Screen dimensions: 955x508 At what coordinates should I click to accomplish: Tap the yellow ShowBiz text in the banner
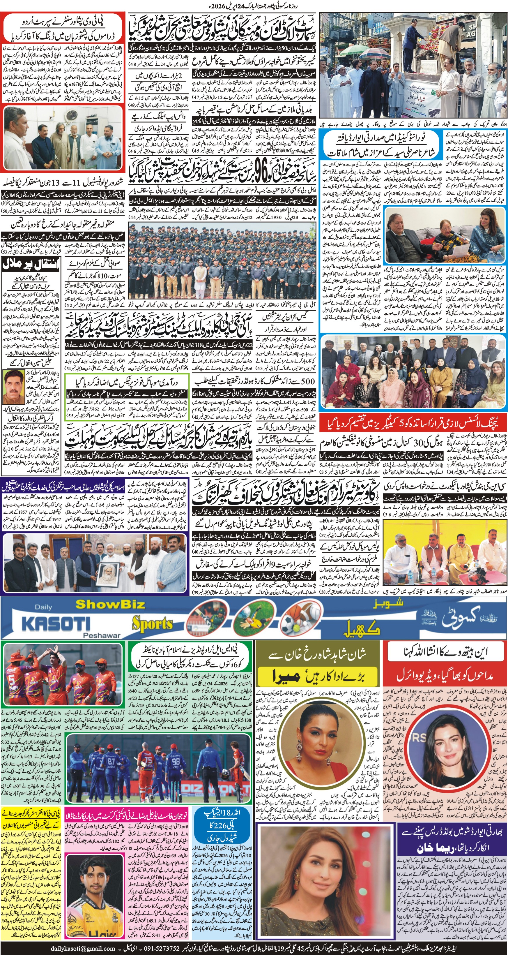(x=110, y=604)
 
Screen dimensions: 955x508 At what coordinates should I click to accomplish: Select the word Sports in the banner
(x=153, y=624)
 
